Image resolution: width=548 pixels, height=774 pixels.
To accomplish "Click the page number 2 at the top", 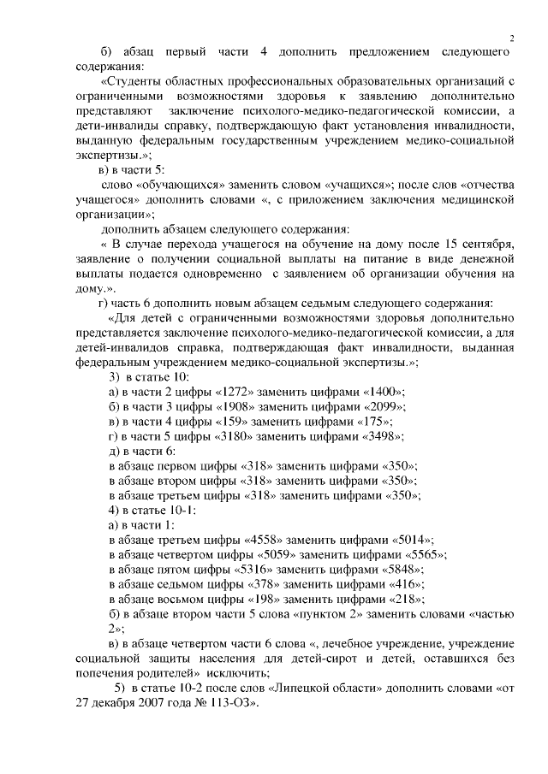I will [x=511, y=37].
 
